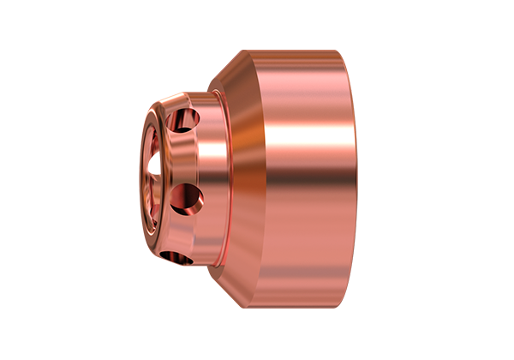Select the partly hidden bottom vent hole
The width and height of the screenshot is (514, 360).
[x=182, y=255]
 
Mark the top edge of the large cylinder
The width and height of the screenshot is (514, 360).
[x=300, y=51]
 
